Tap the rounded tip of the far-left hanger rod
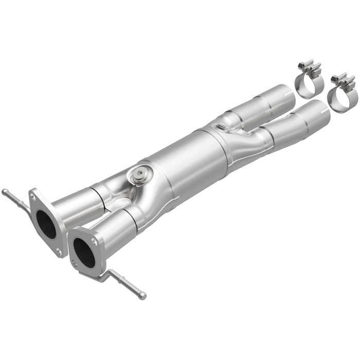(4, 192)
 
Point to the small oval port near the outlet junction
(221, 127)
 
